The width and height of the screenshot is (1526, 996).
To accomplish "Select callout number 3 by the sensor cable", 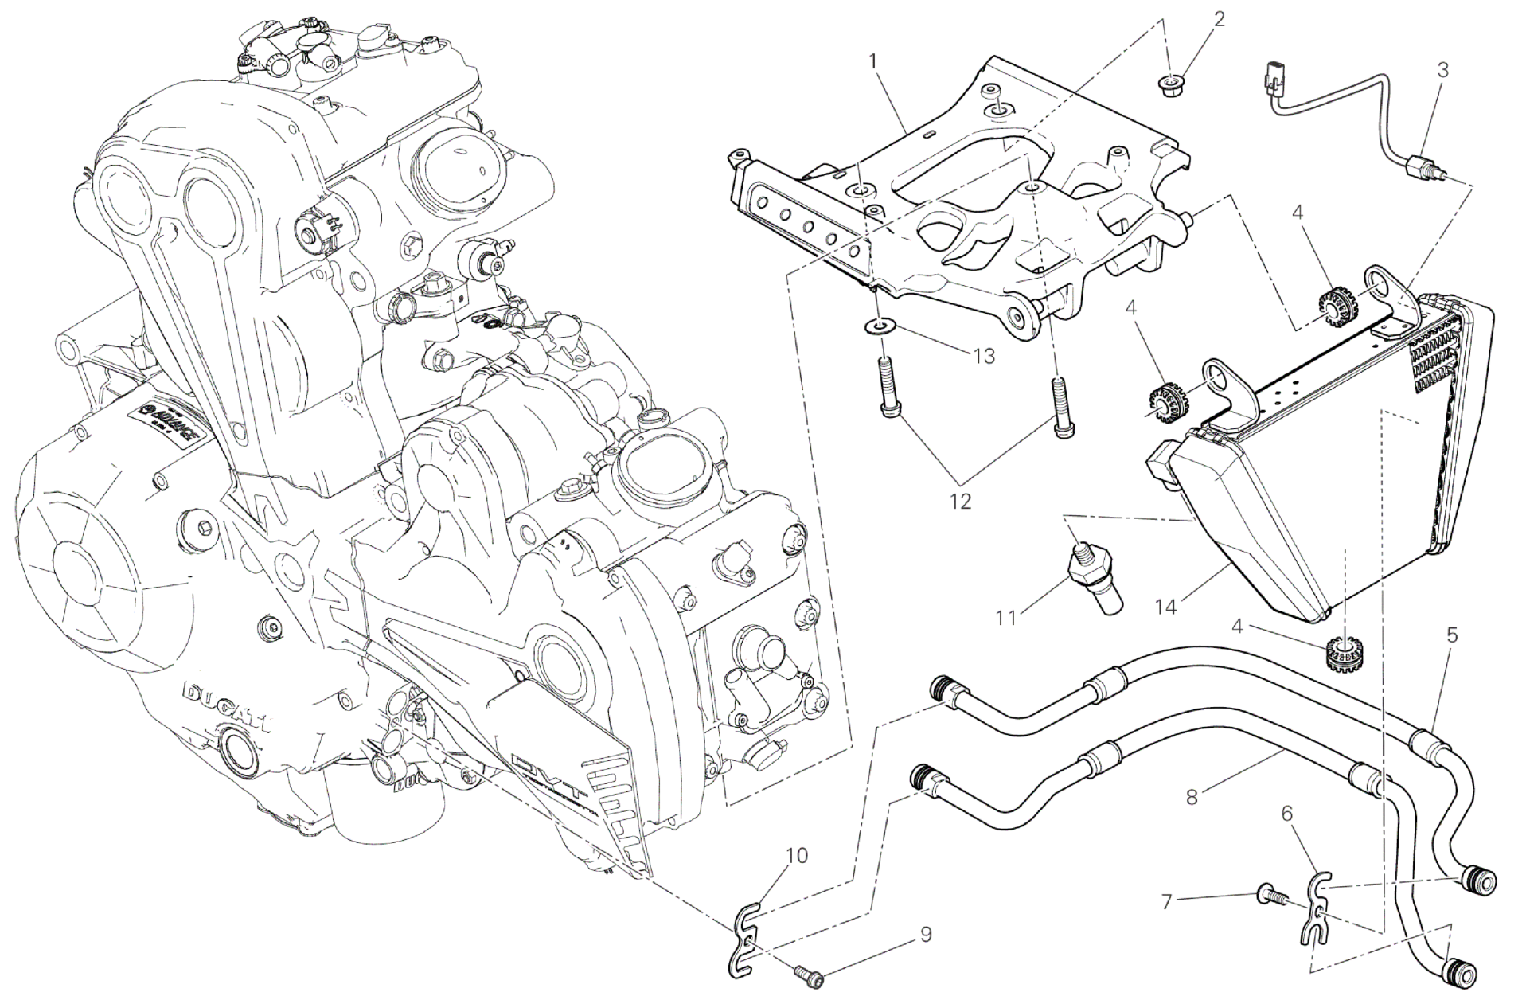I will (x=1442, y=69).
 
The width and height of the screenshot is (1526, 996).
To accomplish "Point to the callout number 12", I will (x=961, y=502).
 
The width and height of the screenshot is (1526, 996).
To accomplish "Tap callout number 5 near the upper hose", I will (x=1452, y=635).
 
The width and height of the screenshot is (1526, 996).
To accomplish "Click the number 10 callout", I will (x=796, y=856).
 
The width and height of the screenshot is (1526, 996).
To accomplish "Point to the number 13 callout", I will (x=984, y=356).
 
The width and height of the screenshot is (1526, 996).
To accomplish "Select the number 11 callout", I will (x=1007, y=617).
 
